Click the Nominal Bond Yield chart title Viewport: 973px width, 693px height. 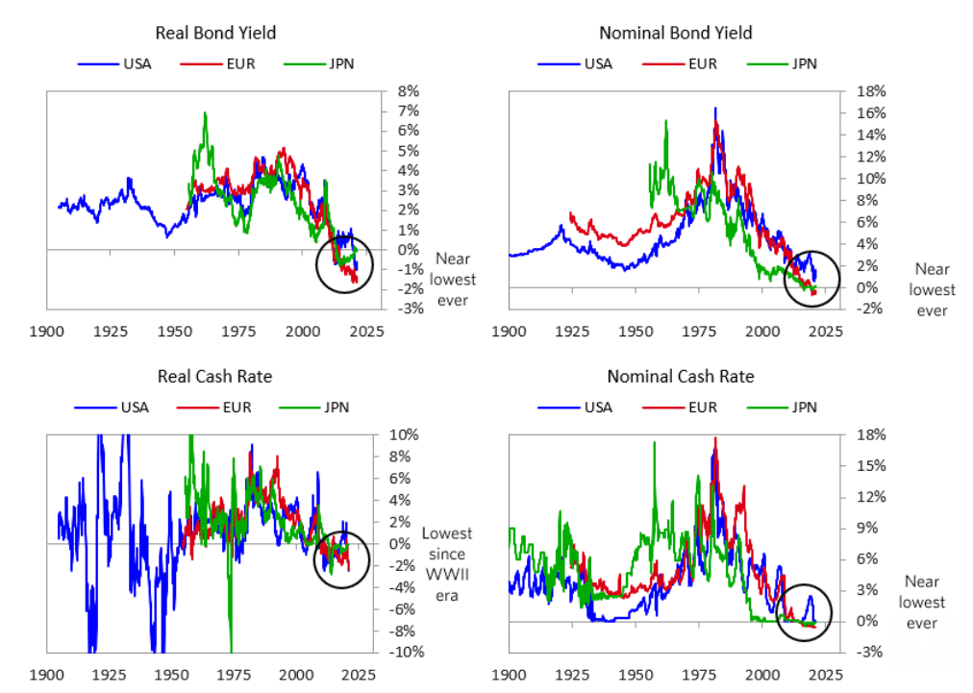click(675, 33)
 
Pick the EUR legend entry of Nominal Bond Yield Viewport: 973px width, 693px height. click(696, 64)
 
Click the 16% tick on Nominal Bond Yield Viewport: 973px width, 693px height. click(856, 113)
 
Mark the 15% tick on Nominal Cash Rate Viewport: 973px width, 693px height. click(855, 465)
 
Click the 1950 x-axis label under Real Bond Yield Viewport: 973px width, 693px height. click(174, 331)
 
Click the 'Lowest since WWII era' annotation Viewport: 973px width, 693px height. click(443, 564)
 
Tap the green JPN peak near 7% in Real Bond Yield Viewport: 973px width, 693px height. click(204, 114)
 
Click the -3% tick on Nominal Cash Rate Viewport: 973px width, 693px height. click(855, 653)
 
